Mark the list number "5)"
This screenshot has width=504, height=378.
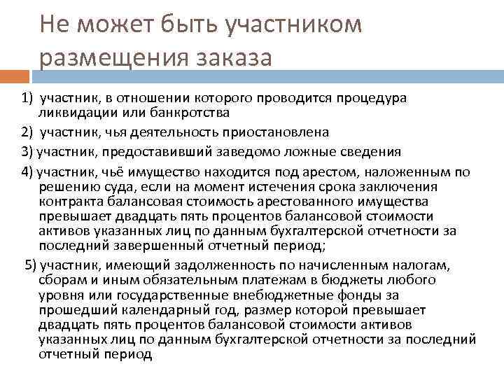point(31,263)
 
